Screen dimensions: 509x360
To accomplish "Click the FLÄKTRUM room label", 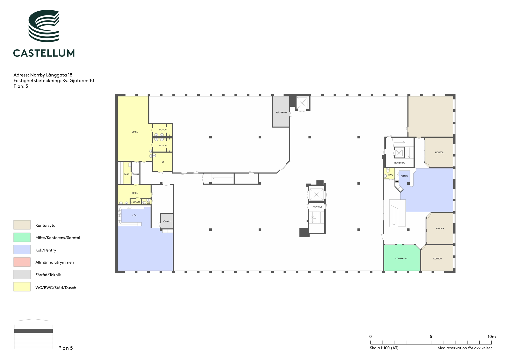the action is tap(281, 113).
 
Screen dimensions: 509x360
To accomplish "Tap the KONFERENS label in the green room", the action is tap(401, 258).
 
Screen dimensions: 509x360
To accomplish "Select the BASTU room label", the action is tap(127, 174).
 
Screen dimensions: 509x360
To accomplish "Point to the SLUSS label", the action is tap(136, 174).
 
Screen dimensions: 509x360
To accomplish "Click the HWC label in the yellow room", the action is tap(390, 175).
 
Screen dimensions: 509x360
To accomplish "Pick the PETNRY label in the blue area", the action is tap(404, 176).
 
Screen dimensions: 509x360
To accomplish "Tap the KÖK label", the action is tap(135, 215).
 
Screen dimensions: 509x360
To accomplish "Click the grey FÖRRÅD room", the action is tap(167, 221).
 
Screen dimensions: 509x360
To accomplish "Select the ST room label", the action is tap(163, 162).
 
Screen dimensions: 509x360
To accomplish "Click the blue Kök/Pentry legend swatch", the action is tap(22, 250).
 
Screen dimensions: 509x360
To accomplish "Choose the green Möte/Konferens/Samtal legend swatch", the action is tap(22, 237).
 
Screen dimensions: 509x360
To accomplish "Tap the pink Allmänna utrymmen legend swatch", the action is tap(22, 262).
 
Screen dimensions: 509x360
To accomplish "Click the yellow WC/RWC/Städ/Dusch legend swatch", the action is tap(22, 287).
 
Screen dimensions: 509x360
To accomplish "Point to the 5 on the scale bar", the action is tap(431, 336).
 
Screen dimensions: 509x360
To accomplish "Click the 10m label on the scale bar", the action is tap(492, 336).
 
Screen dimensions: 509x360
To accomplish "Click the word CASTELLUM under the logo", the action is tap(44, 53).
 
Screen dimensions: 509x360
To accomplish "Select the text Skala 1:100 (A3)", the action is tap(384, 348).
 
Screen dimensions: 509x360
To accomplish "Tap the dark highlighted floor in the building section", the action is tap(33, 331).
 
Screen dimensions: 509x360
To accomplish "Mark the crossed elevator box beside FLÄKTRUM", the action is tap(302, 103).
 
